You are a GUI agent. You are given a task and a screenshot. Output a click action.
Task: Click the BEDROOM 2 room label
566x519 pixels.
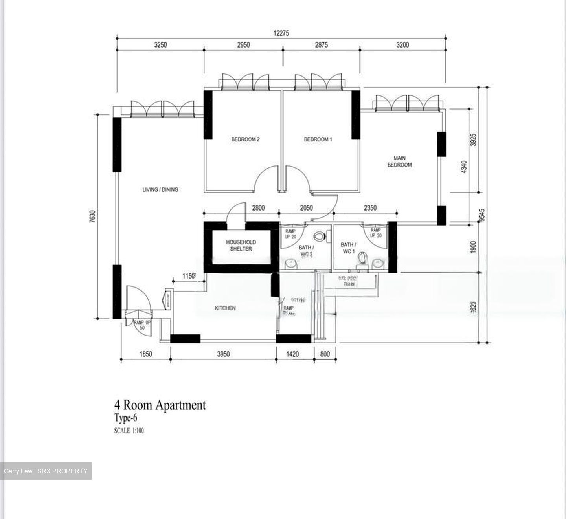tap(245, 139)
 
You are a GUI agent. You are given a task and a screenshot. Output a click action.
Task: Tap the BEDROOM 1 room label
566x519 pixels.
tap(318, 139)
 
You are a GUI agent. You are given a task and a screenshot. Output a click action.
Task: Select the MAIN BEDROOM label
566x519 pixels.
tap(399, 161)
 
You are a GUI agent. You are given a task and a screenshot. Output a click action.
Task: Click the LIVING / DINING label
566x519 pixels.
tap(160, 190)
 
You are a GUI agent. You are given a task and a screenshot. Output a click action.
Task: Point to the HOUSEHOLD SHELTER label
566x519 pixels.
tap(241, 246)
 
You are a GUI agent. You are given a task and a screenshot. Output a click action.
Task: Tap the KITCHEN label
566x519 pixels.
tap(225, 308)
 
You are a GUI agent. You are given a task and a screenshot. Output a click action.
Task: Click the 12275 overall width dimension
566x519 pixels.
tap(281, 33)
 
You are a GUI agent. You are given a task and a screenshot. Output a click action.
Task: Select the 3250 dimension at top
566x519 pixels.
tap(160, 45)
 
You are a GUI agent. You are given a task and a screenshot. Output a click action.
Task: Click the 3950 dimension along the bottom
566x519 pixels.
tap(223, 354)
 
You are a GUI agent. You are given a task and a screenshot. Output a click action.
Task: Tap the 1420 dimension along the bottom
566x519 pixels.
tap(292, 354)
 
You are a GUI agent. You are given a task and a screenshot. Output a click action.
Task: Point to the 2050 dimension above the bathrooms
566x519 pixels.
tap(306, 208)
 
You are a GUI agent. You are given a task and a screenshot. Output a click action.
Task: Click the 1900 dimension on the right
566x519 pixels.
tap(473, 247)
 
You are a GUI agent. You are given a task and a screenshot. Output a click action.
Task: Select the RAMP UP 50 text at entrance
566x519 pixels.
tap(139, 325)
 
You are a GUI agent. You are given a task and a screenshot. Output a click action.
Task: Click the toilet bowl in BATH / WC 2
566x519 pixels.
tap(320, 237)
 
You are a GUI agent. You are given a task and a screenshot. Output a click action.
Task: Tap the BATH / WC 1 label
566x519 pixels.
tap(348, 248)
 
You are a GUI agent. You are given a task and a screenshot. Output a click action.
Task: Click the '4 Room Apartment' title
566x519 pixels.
tap(160, 405)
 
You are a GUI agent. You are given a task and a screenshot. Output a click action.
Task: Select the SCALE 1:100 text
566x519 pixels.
tap(129, 431)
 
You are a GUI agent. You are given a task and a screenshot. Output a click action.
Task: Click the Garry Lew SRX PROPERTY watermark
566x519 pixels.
tap(46, 471)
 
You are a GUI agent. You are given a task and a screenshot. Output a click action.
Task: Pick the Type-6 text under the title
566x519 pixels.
tap(125, 418)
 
